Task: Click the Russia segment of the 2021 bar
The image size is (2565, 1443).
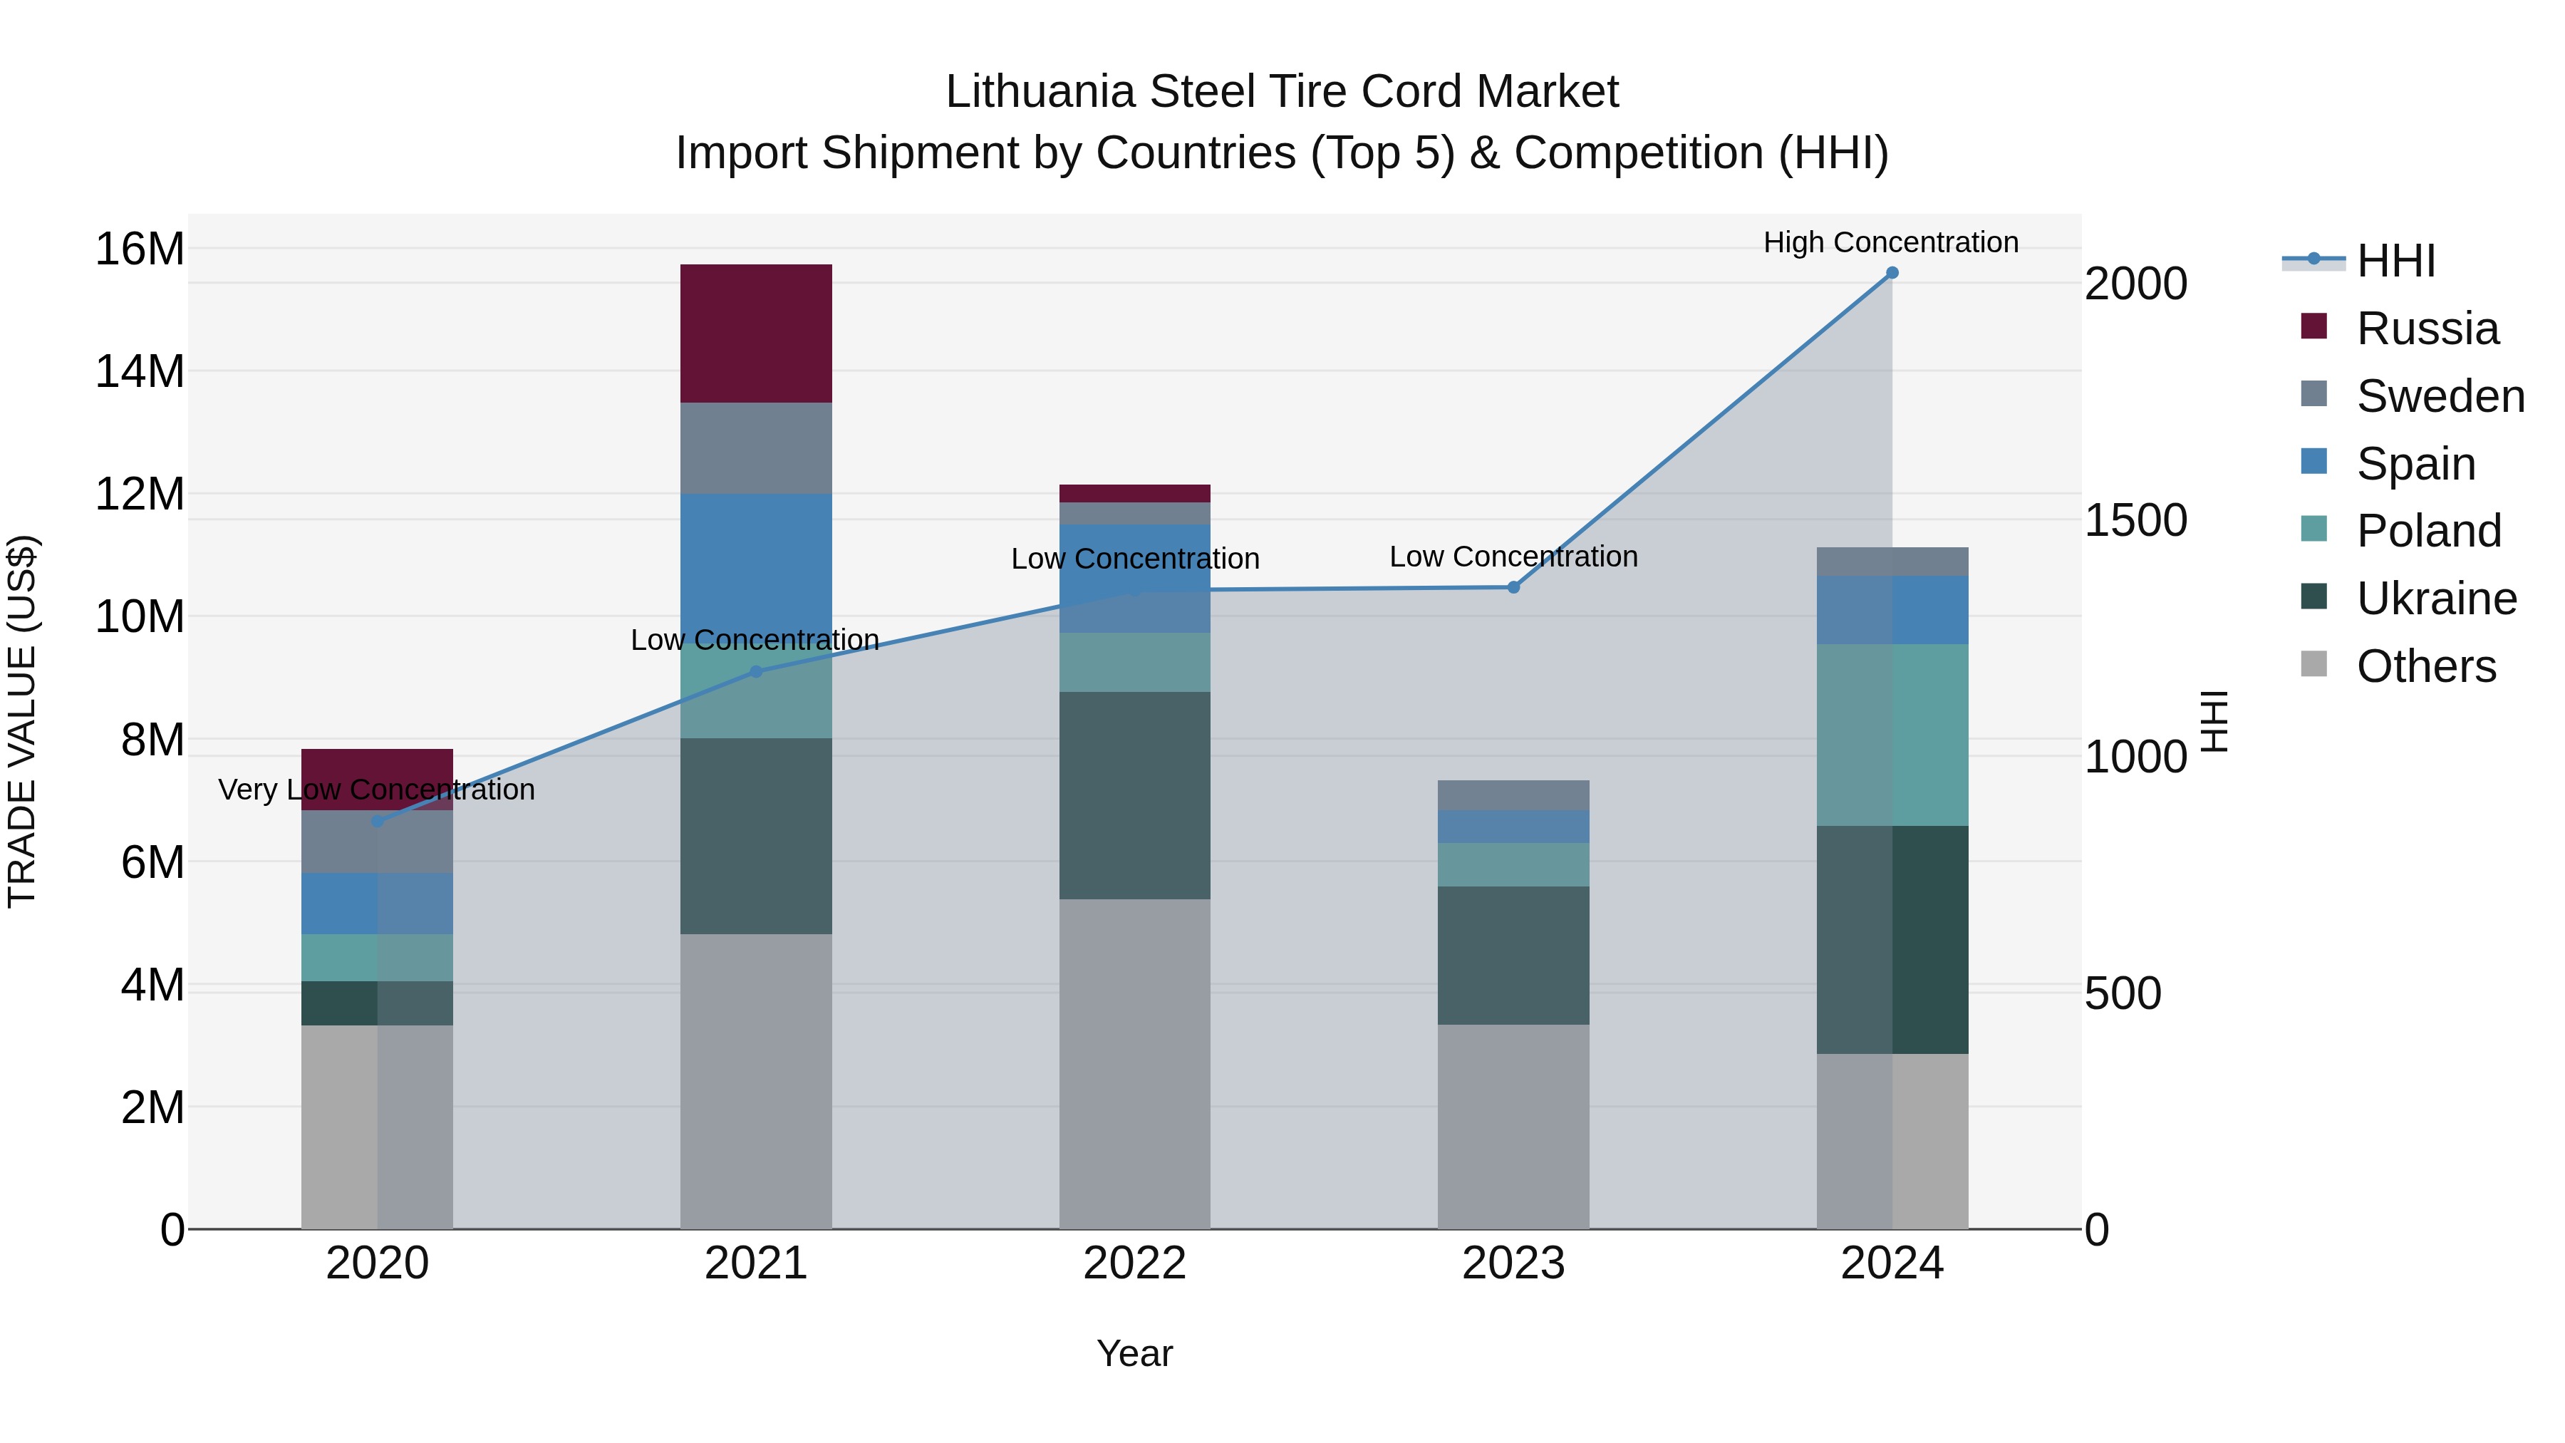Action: pos(756,333)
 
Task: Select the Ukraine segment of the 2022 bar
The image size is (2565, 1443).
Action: pos(1134,796)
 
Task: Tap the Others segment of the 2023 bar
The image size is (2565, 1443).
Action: pos(1513,1127)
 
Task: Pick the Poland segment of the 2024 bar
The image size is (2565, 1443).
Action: pos(1892,735)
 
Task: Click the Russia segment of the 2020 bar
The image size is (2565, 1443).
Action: pos(376,767)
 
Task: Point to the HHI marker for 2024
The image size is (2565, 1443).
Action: pos(1892,273)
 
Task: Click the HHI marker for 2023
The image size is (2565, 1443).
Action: pos(1513,588)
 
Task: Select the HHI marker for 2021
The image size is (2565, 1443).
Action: pos(756,672)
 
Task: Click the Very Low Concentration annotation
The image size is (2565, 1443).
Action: pos(376,790)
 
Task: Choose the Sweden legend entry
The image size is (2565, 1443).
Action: pos(2440,396)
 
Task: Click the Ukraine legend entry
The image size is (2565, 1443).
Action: pos(2435,599)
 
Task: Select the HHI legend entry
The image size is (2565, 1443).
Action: pos(2395,261)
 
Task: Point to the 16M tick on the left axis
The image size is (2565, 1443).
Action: pos(140,249)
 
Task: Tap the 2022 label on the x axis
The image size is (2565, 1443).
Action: pos(1134,1263)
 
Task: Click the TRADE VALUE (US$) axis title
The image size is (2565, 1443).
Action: pos(22,721)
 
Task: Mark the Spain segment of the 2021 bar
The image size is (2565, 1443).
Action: pos(756,568)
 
